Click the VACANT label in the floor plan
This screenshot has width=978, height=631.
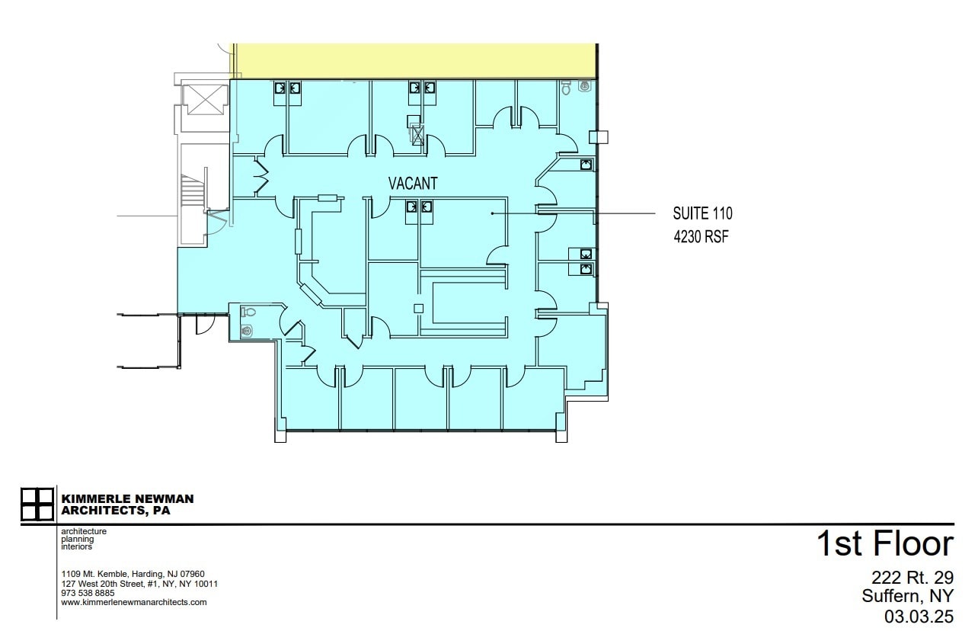413,184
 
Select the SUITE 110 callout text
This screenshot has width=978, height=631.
702,213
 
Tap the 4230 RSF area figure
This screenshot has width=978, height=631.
701,236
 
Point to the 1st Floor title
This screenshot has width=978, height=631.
884,544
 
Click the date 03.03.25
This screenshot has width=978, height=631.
918,614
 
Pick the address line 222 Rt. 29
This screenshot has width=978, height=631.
912,578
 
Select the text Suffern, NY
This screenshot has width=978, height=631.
907,596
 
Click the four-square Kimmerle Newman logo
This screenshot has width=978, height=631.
37,504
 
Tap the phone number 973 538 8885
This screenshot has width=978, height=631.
88,593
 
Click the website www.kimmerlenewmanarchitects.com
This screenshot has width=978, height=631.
133,602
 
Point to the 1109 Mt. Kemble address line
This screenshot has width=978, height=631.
133,574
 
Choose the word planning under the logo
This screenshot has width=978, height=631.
77,539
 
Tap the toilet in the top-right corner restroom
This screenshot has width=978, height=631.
566,88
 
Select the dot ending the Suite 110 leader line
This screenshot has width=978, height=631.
493,213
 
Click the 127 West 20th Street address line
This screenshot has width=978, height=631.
139,584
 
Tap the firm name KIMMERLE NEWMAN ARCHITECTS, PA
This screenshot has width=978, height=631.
126,504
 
